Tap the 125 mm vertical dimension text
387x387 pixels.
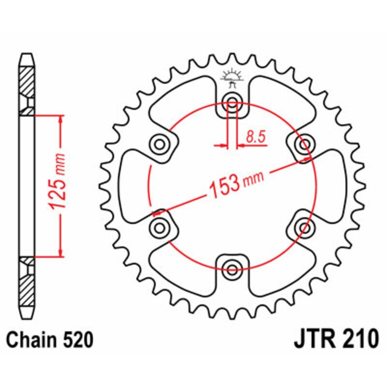(59, 182)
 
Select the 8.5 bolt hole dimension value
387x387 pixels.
(256, 138)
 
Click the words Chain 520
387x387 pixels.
(50, 341)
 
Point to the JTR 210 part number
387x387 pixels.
(335, 340)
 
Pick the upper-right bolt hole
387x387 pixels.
(304, 144)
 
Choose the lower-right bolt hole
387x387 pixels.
(304, 227)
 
